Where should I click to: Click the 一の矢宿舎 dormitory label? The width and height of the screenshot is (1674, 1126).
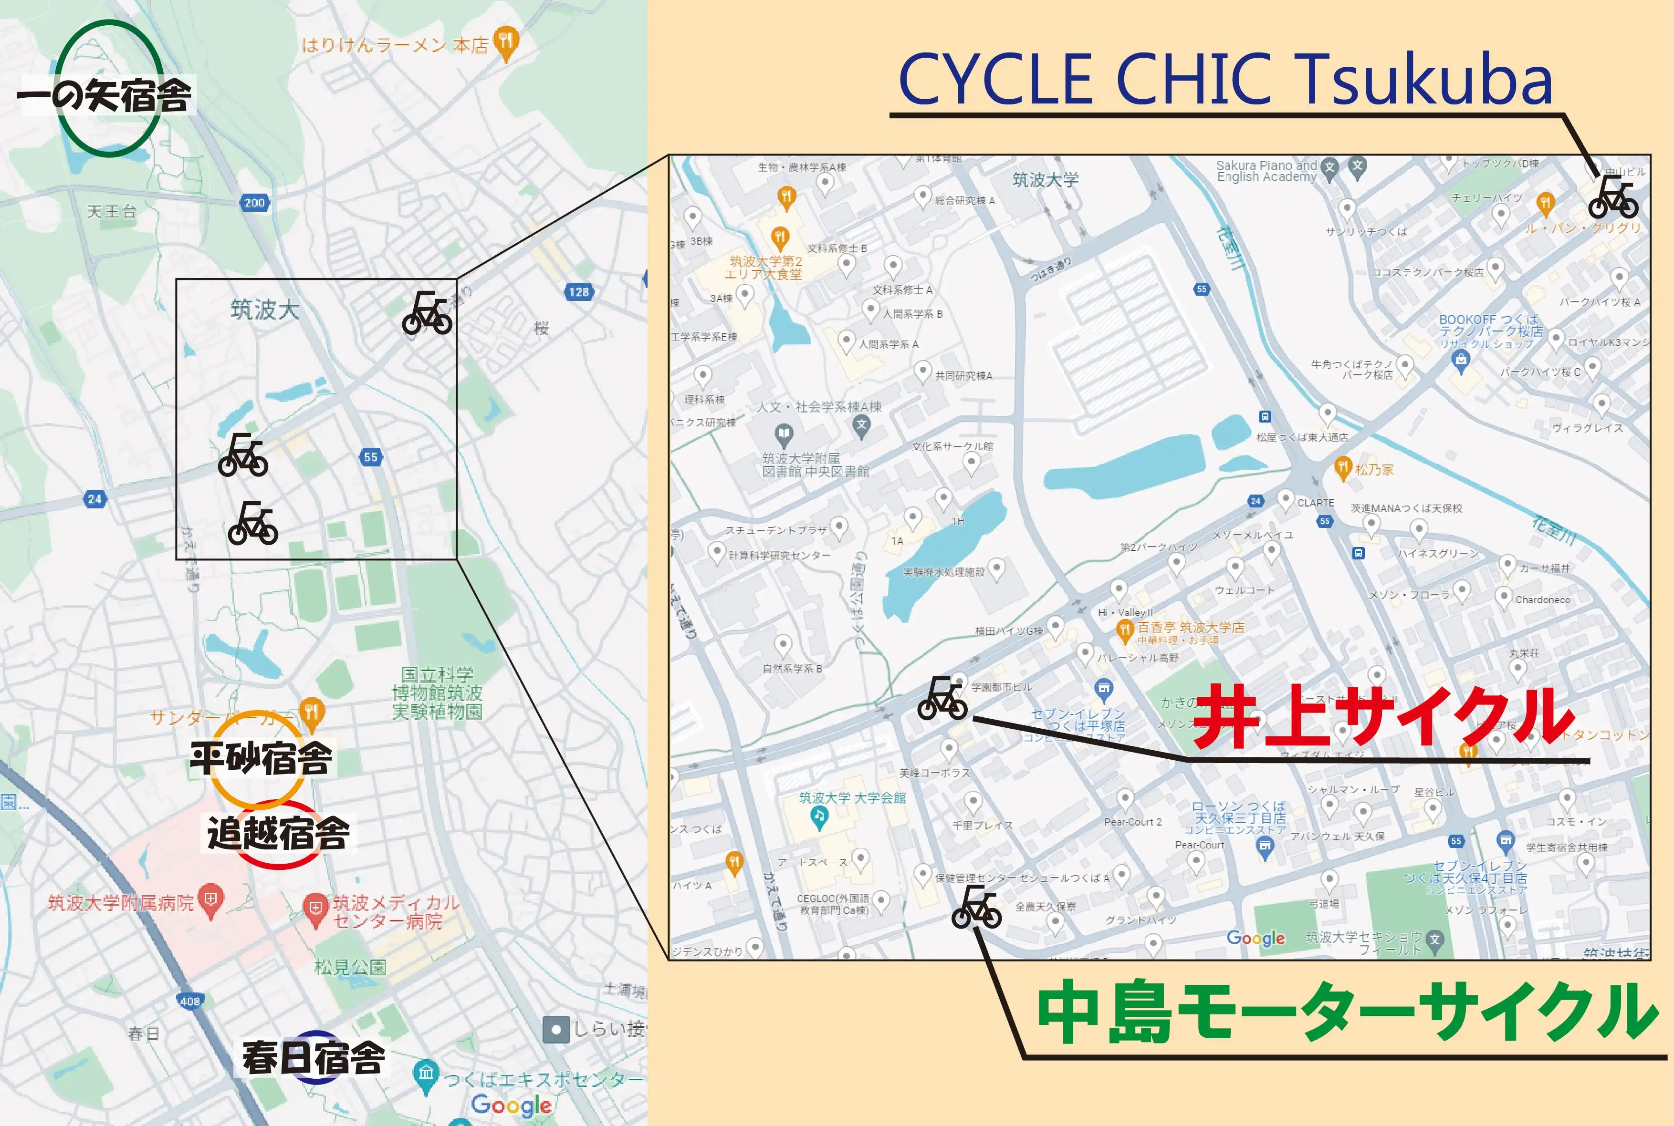tap(105, 95)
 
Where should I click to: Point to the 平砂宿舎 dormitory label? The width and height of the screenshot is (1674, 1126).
tap(261, 758)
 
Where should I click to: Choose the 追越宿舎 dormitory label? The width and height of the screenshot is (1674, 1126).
tap(279, 833)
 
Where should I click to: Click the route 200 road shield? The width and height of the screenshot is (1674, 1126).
tap(254, 203)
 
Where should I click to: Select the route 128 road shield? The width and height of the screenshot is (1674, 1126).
tap(578, 291)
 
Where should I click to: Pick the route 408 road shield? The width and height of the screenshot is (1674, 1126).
tap(189, 1001)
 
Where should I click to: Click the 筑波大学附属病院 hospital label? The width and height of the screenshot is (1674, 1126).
tap(121, 903)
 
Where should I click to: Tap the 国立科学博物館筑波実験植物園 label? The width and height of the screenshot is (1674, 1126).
tap(437, 693)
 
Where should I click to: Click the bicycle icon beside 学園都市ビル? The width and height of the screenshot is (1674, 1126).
tap(942, 699)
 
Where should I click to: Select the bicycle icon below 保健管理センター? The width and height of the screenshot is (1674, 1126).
tap(976, 907)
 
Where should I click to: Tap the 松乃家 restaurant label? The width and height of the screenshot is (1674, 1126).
tap(1374, 470)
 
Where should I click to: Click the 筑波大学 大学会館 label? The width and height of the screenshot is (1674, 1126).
tap(852, 798)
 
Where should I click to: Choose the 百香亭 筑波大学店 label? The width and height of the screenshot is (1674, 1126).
tap(1191, 627)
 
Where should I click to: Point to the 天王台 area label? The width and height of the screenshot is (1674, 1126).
tap(111, 211)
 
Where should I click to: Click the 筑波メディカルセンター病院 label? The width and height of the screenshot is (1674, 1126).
tap(395, 911)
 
